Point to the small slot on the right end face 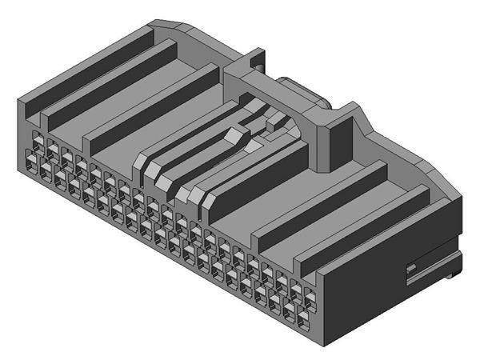pos(411,267)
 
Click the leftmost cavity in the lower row pos(33,163)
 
